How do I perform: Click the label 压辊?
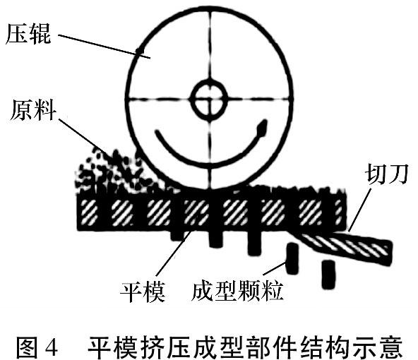(x=28, y=34)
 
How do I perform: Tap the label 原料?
(x=33, y=110)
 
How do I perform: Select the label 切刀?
(x=386, y=174)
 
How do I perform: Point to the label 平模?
(x=143, y=292)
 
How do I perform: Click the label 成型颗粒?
(x=237, y=292)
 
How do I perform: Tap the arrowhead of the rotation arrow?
(x=261, y=128)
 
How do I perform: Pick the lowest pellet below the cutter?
(x=328, y=275)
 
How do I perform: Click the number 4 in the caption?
(x=52, y=347)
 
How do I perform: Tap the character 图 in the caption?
(x=28, y=347)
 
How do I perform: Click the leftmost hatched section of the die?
(x=89, y=212)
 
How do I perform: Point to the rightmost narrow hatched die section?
(x=338, y=212)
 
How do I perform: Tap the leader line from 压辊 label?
(x=104, y=46)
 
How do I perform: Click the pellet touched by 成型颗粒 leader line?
(x=292, y=258)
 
